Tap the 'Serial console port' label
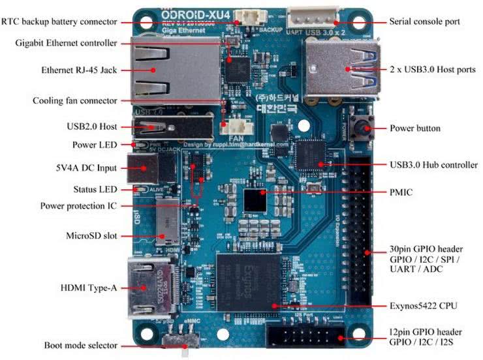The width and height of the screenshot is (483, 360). tap(424, 22)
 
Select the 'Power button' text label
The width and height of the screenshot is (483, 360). tap(414, 128)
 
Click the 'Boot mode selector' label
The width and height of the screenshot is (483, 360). tap(81, 346)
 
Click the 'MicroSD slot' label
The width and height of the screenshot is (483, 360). tap(91, 235)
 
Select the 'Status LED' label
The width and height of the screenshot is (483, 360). tap(95, 189)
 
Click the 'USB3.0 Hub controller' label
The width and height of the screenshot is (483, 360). tap(433, 165)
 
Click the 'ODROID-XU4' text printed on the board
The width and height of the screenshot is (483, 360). tap(189, 12)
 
